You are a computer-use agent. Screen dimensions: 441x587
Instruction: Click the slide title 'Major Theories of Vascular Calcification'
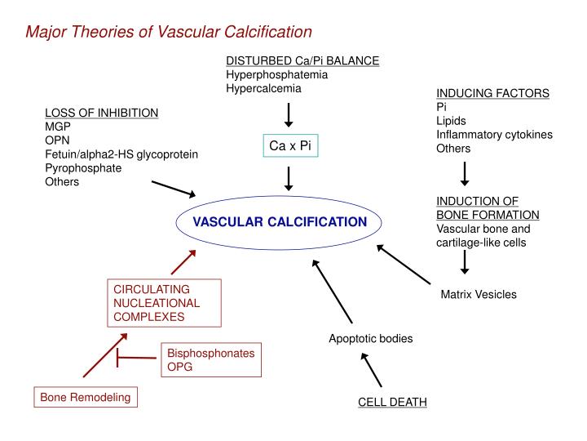(x=169, y=32)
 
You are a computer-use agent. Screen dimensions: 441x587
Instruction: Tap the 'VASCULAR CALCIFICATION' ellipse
(x=280, y=222)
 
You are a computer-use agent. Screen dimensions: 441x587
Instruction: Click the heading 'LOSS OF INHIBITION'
(x=101, y=113)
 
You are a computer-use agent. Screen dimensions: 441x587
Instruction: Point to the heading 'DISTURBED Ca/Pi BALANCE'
(x=302, y=61)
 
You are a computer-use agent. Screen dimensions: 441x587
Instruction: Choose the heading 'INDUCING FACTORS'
(x=492, y=94)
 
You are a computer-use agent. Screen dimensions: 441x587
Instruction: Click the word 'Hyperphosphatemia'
(x=276, y=74)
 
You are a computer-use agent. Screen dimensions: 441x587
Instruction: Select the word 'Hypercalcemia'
(x=263, y=88)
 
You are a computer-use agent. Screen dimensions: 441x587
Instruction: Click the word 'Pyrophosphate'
(x=83, y=168)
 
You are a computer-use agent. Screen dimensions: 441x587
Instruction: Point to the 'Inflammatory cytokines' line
(x=494, y=135)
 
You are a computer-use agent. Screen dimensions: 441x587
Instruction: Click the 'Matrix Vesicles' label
(x=479, y=294)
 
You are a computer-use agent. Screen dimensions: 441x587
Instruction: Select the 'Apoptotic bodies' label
(x=370, y=338)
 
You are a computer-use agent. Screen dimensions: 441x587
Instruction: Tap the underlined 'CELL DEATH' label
(x=392, y=403)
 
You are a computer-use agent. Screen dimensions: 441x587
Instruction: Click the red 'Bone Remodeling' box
(x=86, y=398)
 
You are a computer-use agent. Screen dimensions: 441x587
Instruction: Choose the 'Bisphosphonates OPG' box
(x=211, y=360)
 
